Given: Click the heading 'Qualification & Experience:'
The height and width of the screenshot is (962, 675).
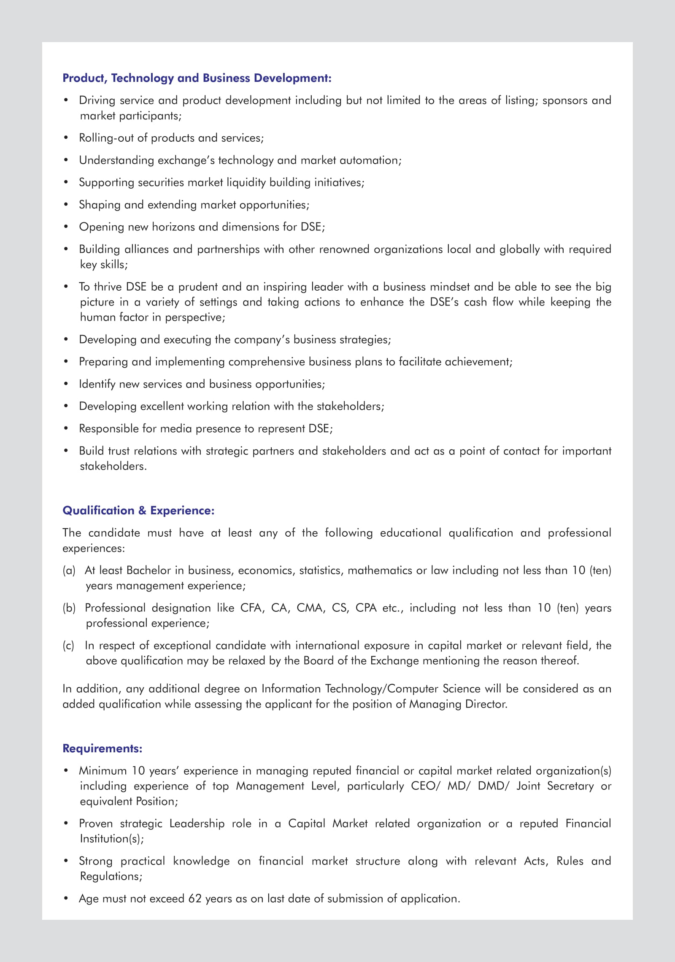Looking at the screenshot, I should click(x=138, y=511).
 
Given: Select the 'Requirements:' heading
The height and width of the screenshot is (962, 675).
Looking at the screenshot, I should click(x=103, y=749).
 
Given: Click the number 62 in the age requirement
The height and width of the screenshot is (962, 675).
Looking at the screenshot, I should click(x=195, y=899).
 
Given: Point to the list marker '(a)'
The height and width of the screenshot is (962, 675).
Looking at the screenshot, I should click(x=69, y=570).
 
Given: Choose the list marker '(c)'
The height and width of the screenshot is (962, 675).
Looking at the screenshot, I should click(x=68, y=646).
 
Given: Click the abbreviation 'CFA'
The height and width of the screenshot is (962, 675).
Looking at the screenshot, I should click(x=251, y=608).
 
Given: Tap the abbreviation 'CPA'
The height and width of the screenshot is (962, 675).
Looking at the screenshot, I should click(x=366, y=608).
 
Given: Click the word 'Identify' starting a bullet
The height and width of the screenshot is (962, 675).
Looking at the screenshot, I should click(x=97, y=384).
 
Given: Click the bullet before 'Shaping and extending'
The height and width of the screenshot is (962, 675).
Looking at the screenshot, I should click(x=66, y=205).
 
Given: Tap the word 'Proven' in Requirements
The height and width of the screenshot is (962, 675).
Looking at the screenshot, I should click(x=96, y=824).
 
